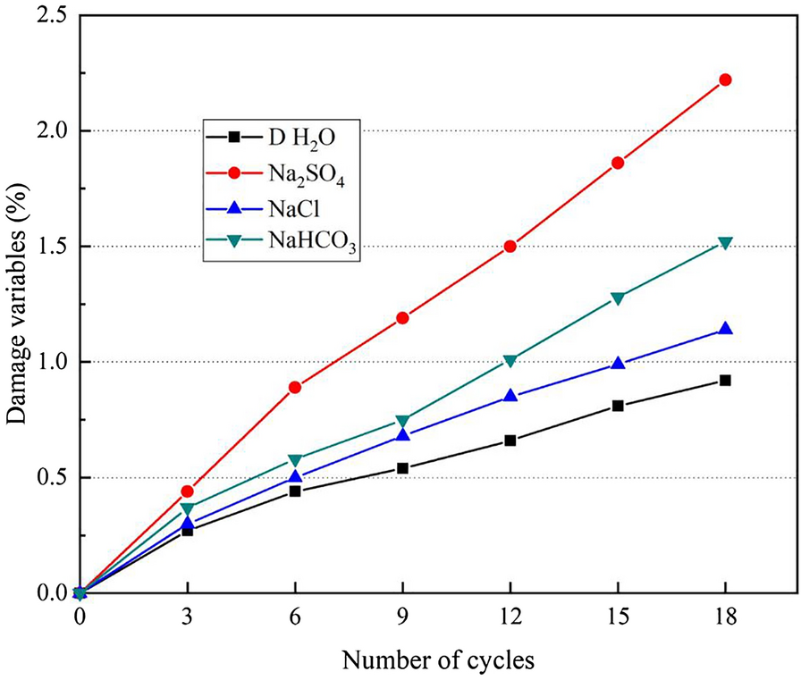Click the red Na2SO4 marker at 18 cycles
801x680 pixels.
725,80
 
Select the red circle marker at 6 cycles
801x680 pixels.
295,387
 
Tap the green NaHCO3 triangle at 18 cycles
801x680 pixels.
725,242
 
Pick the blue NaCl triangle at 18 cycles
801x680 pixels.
725,329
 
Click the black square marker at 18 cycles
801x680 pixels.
725,380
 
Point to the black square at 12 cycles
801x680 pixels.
510,441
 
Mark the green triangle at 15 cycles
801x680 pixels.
618,298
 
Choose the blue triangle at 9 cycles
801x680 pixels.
402,435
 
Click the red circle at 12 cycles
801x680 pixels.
510,246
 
